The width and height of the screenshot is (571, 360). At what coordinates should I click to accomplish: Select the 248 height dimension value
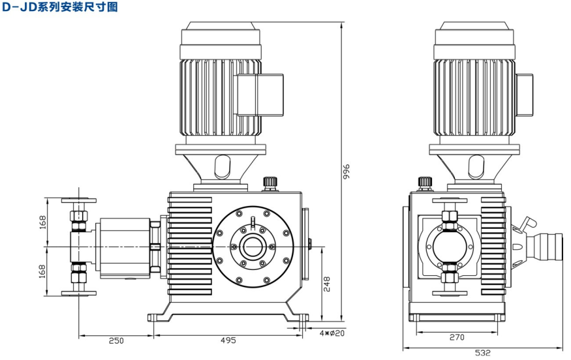[x=328, y=285]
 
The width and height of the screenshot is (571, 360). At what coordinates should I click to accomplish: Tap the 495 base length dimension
[x=228, y=340]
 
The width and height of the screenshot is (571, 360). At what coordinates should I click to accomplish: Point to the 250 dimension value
[x=116, y=340]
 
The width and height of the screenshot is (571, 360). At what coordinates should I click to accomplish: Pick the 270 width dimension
[x=457, y=337]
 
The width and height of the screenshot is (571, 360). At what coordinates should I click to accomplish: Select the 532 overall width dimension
[x=482, y=353]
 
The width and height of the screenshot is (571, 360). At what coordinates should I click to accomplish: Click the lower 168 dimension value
[x=42, y=271]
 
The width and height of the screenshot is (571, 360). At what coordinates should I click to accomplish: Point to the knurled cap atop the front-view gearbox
[x=268, y=181]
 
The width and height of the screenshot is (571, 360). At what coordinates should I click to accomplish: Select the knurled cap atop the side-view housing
[x=425, y=181]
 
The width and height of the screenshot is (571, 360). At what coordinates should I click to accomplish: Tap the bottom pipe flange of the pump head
[x=79, y=293]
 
